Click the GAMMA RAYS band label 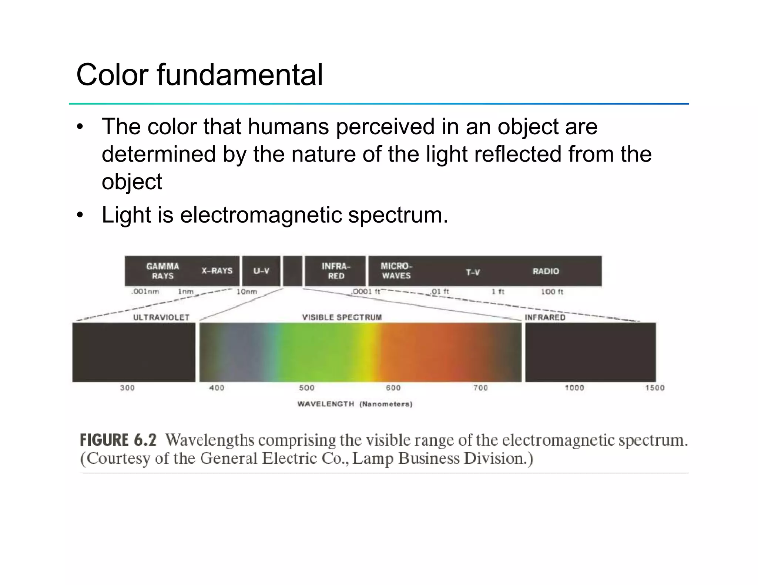162,271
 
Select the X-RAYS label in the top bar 217,271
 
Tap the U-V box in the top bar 261,271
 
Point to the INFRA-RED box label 336,271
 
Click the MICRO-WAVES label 396,271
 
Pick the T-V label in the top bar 473,273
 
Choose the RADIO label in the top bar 546,271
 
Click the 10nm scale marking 246,292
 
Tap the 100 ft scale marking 552,292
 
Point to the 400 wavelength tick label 217,388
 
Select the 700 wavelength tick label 480,388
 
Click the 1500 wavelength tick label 655,388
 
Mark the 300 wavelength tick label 127,388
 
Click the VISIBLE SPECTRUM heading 342,317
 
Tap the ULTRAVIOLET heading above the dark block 161,317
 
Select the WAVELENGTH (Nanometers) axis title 355,404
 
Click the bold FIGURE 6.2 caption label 118,440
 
